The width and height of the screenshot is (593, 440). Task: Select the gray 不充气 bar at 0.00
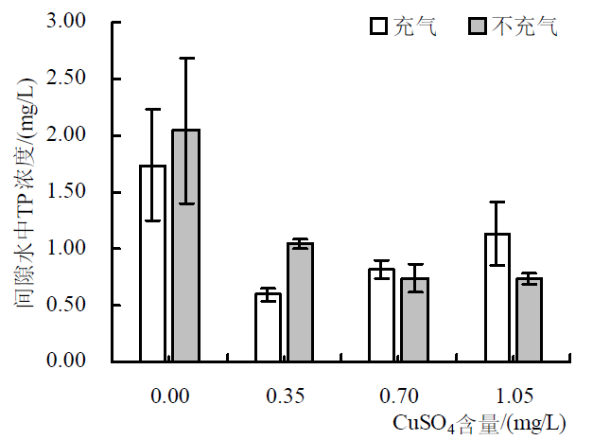[185, 245]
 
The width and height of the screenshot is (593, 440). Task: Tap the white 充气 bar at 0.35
[268, 327]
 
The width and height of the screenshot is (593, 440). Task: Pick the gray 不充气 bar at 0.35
[301, 302]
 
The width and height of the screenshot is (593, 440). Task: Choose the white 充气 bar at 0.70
[381, 315]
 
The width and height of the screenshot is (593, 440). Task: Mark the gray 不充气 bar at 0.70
[414, 320]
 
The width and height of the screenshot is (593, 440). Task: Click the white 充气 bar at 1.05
[497, 297]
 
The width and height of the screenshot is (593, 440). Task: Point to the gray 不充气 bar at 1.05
[529, 320]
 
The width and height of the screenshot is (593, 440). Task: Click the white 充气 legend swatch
[379, 26]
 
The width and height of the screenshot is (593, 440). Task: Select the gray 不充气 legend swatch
[478, 26]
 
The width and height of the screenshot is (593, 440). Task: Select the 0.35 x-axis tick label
[285, 395]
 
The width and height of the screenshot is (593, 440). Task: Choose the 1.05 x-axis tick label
[514, 395]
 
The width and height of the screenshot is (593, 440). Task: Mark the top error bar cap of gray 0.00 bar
[185, 58]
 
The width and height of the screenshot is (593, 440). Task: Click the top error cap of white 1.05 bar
[497, 202]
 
